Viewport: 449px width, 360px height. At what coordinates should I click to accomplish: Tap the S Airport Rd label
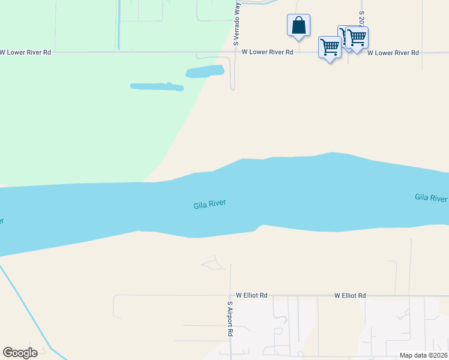pyautogui.click(x=229, y=318)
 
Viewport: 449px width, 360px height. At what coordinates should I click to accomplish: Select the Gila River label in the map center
pyautogui.click(x=209, y=205)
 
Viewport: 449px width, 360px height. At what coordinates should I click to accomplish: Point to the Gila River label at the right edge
pyautogui.click(x=431, y=197)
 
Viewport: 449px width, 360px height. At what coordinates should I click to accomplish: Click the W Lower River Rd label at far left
pyautogui.click(x=25, y=53)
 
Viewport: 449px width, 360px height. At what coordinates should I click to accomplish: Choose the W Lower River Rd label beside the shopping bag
pyautogui.click(x=267, y=52)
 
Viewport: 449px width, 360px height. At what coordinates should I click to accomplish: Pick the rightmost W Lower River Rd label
pyautogui.click(x=393, y=53)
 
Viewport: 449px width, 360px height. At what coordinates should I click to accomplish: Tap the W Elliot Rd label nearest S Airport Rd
pyautogui.click(x=252, y=296)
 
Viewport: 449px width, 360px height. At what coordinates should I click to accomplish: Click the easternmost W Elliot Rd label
pyautogui.click(x=350, y=296)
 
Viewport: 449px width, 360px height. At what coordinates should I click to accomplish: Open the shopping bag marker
pyautogui.click(x=298, y=26)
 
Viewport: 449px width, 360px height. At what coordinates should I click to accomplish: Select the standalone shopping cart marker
pyautogui.click(x=330, y=47)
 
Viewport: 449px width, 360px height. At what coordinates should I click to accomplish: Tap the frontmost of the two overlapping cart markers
pyautogui.click(x=357, y=38)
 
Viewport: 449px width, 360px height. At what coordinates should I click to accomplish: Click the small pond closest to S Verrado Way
pyautogui.click(x=205, y=72)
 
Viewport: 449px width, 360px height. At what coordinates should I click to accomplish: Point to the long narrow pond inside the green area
pyautogui.click(x=157, y=87)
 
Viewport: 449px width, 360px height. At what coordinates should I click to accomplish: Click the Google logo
pyautogui.click(x=20, y=353)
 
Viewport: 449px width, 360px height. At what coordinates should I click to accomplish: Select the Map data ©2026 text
pyautogui.click(x=423, y=355)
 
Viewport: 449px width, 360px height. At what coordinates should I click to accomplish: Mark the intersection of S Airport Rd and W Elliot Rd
pyautogui.click(x=230, y=296)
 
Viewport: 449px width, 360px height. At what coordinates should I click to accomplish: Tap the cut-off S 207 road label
pyautogui.click(x=361, y=18)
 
